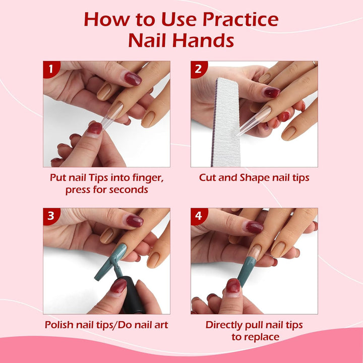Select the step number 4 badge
coord(198,216)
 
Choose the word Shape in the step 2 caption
coord(247,177)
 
